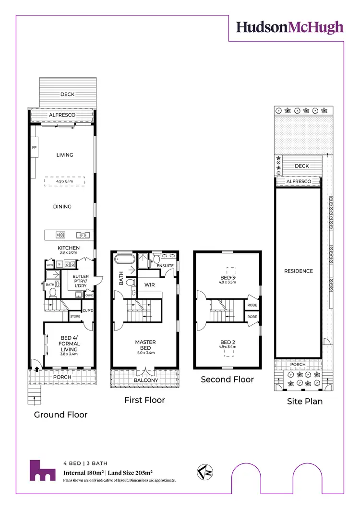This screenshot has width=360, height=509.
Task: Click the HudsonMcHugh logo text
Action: [x=289, y=27]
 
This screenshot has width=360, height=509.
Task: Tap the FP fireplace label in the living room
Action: [x=34, y=147]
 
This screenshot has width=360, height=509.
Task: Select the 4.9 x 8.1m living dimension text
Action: [x=64, y=181]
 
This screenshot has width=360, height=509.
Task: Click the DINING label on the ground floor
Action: [x=62, y=207]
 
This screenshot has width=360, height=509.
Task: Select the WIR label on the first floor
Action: [x=149, y=284]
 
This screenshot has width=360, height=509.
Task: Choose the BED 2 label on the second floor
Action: [x=228, y=342]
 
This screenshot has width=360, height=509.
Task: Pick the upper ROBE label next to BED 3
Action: [x=252, y=305]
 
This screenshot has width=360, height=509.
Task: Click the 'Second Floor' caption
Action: [x=227, y=379]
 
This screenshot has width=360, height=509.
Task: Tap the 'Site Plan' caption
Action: [x=304, y=401]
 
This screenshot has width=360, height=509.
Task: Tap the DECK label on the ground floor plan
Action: [x=67, y=95]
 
